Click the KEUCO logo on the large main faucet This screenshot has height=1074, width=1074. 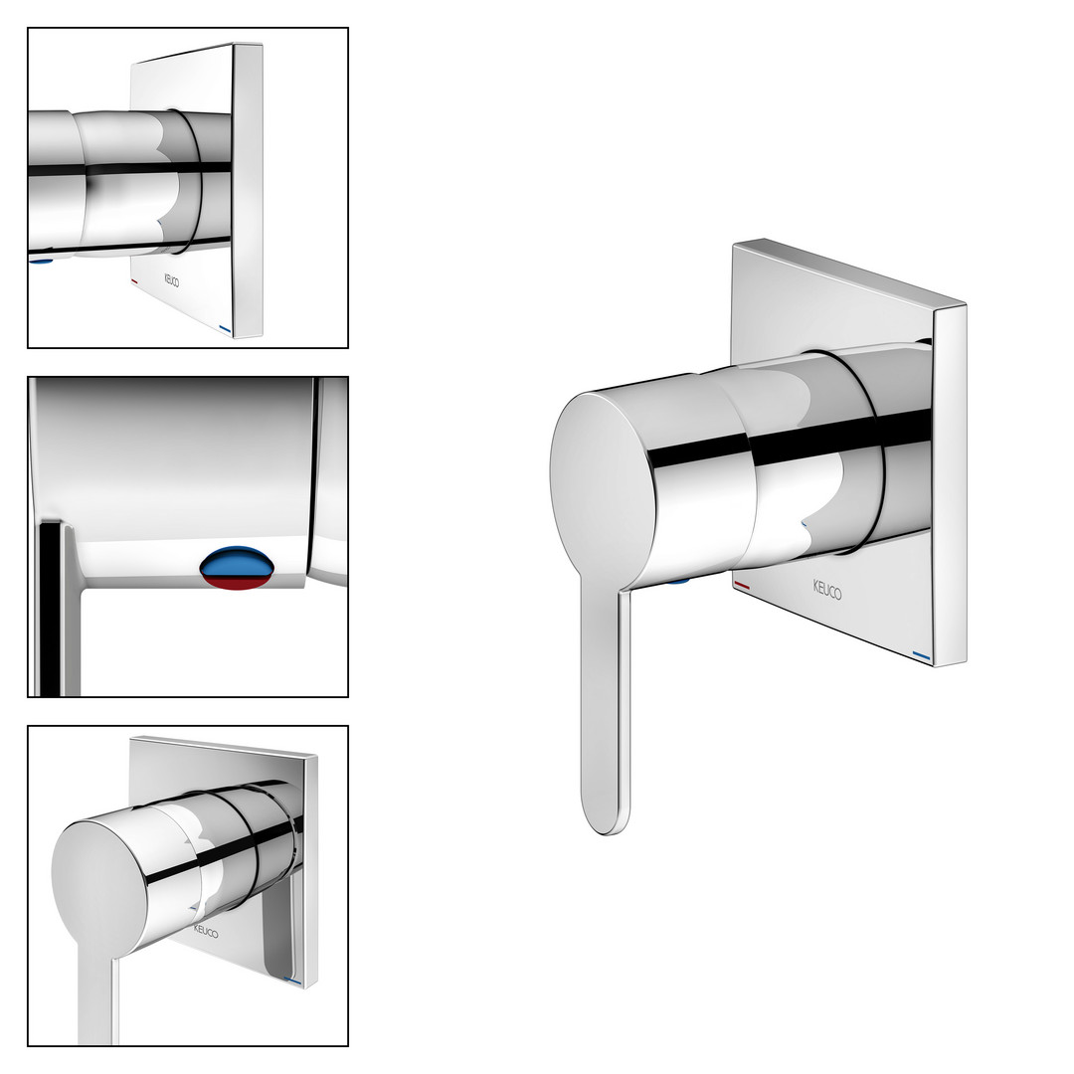point(827,589)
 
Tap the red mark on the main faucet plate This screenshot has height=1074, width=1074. point(742,585)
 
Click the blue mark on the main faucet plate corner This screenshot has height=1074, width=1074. point(922,657)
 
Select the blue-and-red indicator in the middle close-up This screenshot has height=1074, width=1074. point(237,568)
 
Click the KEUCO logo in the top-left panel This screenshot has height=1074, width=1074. point(171,280)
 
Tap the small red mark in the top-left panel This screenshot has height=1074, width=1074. point(134,281)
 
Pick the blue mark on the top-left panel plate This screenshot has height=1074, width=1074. point(226,328)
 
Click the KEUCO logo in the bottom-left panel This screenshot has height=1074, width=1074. point(206,932)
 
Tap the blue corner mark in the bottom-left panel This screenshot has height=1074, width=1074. point(292,981)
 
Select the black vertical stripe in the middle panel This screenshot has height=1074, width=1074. point(50,610)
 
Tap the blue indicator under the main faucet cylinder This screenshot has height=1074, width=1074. point(677,582)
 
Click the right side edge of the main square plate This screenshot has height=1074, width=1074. point(950,483)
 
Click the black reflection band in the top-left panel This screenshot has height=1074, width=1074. point(130,167)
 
